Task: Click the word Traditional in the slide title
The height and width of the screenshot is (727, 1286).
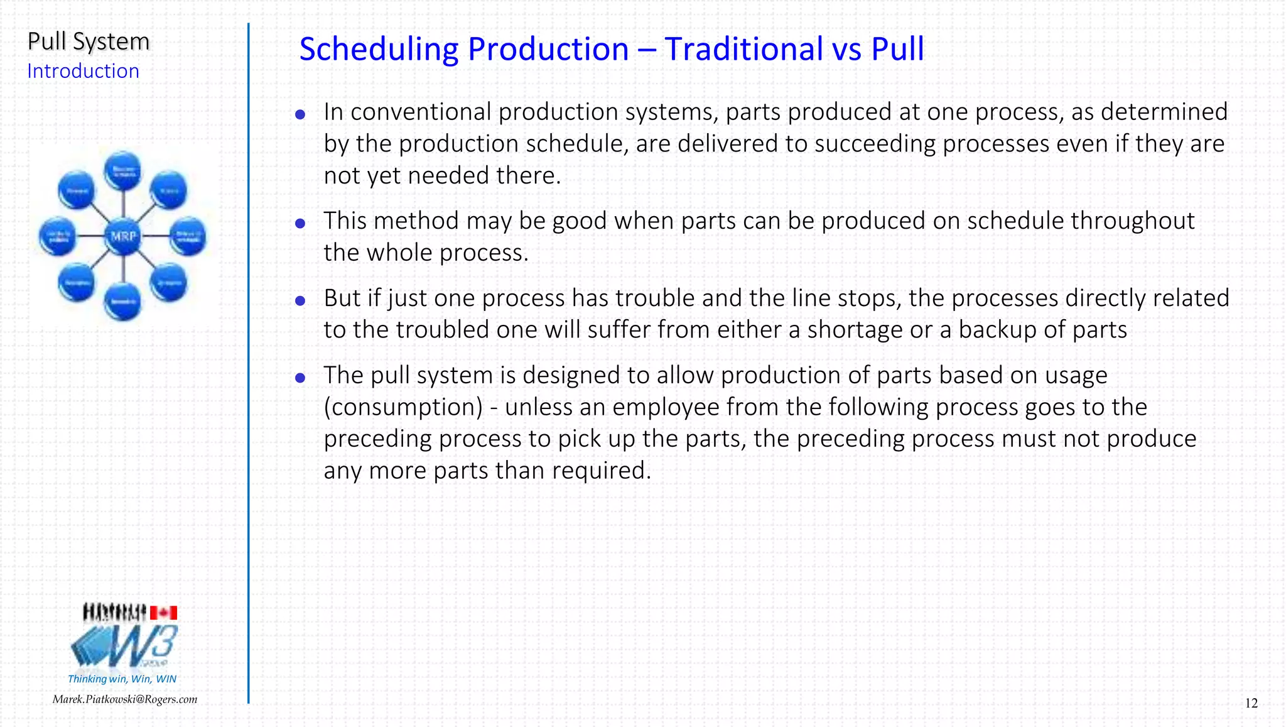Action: coord(743,49)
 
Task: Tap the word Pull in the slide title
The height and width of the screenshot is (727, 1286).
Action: coord(897,49)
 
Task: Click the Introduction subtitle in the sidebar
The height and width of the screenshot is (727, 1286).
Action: coord(83,71)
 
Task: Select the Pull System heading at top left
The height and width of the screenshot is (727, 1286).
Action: coord(89,41)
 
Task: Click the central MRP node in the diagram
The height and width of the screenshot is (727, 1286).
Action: coord(123,236)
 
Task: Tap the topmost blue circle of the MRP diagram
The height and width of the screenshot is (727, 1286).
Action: coord(123,170)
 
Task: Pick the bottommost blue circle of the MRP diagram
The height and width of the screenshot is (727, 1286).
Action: coord(123,302)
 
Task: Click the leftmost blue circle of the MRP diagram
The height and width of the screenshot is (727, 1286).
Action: coord(57,236)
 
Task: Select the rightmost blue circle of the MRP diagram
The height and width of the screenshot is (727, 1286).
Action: coord(188,236)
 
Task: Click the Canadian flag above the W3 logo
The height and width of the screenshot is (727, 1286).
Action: coord(163,613)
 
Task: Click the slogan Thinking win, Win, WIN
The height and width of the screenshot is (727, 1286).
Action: coord(122,679)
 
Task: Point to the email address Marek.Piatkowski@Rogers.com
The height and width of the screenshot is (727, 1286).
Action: coord(124,699)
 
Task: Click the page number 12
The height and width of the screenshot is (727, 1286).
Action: coord(1251,703)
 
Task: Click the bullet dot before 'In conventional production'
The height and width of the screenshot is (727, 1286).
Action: coord(300,114)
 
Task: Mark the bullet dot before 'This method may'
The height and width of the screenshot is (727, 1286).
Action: coord(300,223)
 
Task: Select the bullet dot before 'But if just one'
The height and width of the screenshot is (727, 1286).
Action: coord(300,300)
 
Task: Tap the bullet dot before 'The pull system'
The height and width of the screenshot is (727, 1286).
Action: coord(300,378)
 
